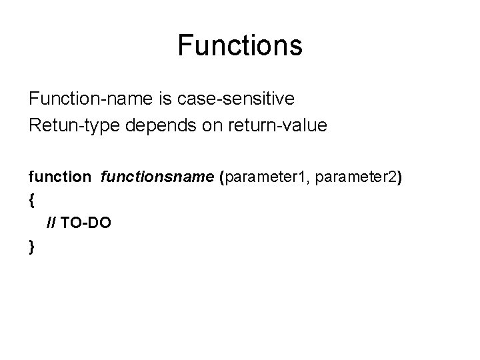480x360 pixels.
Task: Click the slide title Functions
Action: click(240, 46)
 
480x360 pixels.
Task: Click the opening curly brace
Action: click(31, 199)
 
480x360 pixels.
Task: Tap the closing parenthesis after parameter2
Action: click(399, 177)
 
